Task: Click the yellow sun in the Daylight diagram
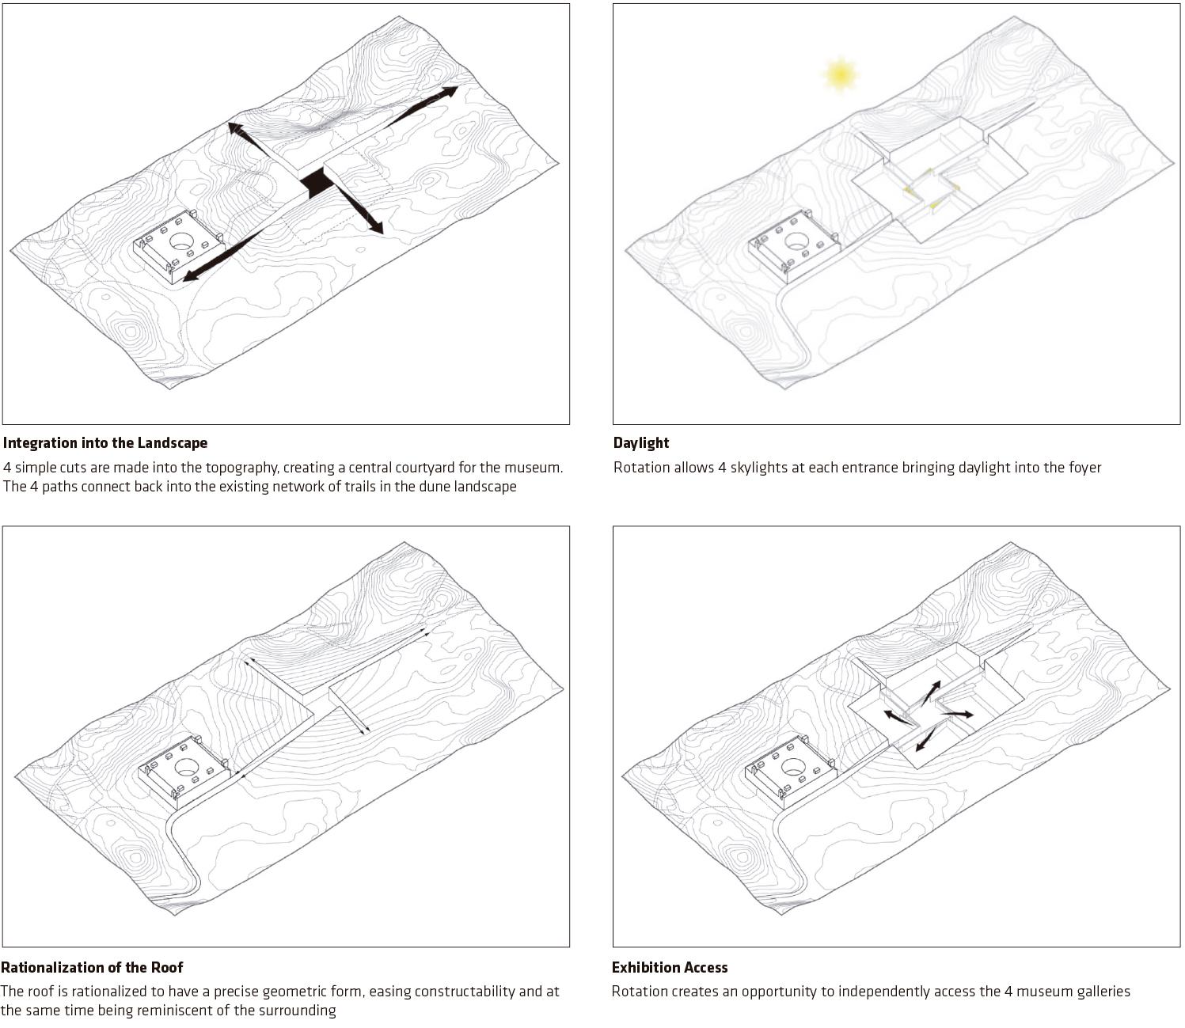[840, 74]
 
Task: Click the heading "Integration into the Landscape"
[105, 443]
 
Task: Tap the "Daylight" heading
[641, 443]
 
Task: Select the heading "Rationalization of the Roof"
[92, 967]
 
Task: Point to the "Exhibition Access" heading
[670, 967]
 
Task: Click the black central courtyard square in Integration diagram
[318, 183]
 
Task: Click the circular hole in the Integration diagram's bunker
[181, 241]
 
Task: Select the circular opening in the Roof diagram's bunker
[188, 766]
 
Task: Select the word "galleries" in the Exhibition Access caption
[1100, 991]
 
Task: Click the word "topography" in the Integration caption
[236, 467]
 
